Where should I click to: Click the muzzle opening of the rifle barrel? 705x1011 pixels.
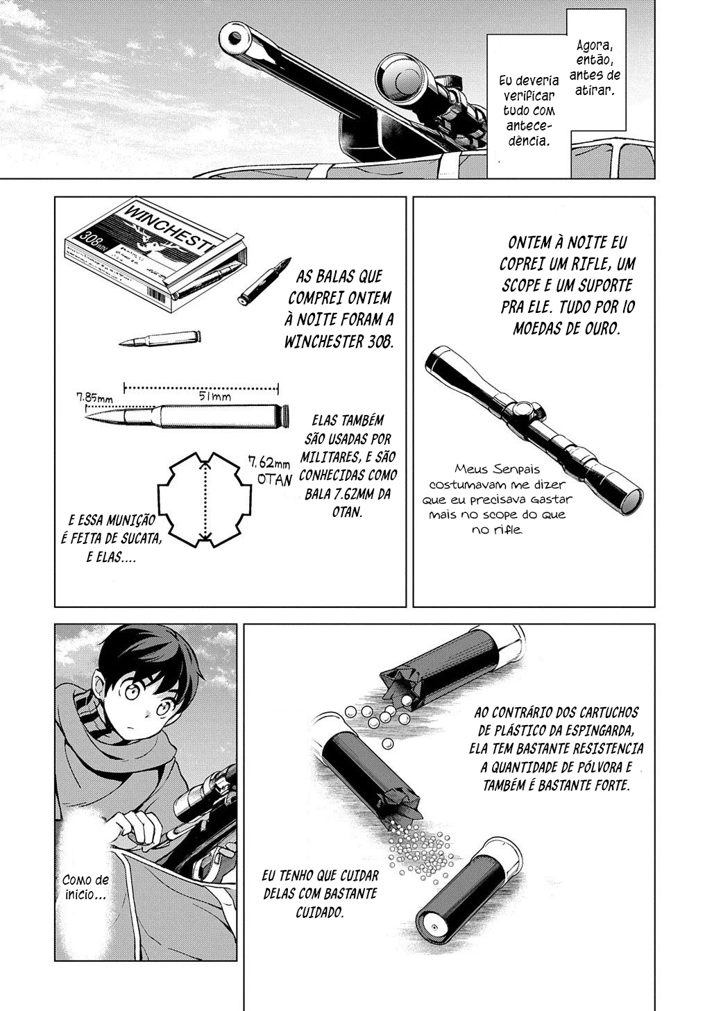(x=235, y=37)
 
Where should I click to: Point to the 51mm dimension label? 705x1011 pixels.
(x=215, y=396)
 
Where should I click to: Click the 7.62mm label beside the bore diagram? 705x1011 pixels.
(x=269, y=463)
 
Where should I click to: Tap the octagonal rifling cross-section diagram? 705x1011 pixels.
(x=205, y=500)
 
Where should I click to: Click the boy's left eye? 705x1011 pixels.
(x=163, y=710)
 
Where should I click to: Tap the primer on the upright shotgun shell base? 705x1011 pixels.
(x=434, y=926)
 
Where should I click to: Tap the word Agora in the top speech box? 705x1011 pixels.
(x=595, y=45)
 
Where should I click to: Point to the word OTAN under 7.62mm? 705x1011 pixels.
(x=274, y=479)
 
